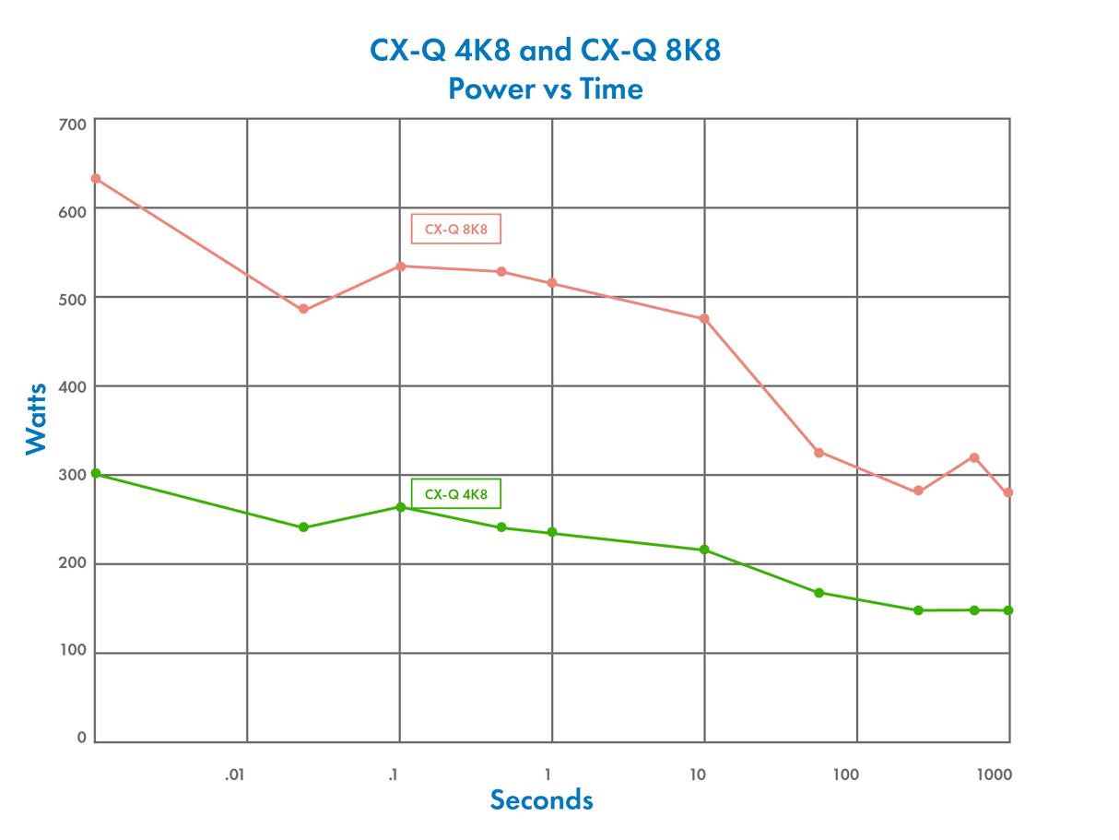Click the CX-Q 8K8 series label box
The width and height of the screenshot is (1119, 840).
point(455,230)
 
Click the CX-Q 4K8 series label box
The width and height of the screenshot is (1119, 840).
point(455,494)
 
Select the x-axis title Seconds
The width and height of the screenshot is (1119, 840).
point(542,799)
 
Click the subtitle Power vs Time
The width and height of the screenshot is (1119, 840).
point(544,89)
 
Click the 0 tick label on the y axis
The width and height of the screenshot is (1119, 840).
point(81,737)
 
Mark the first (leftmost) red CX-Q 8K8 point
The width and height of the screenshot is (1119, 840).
point(95,178)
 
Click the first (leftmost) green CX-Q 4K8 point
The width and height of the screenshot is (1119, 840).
point(95,474)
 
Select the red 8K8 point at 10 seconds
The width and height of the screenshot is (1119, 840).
point(705,318)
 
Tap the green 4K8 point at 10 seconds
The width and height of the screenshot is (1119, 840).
point(705,550)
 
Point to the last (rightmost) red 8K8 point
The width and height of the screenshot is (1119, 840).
point(1008,492)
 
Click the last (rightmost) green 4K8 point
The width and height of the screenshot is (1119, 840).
point(1008,610)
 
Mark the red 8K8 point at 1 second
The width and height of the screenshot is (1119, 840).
point(552,283)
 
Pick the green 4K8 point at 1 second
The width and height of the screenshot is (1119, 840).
point(552,532)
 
